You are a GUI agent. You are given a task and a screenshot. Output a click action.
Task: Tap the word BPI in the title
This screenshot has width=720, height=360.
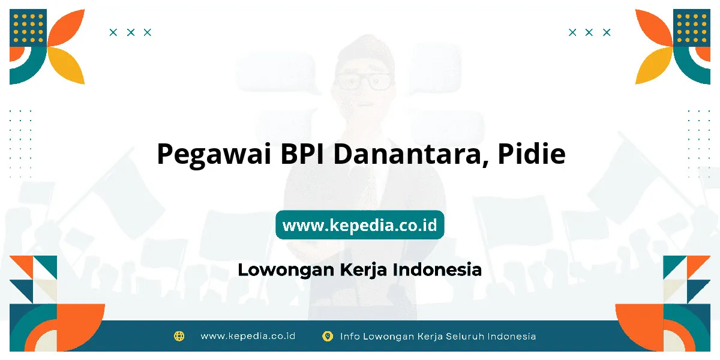302,154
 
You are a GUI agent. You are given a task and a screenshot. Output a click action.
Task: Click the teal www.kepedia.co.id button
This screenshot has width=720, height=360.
359,224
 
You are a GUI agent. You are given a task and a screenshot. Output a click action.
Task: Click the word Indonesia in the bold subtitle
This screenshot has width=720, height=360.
437,269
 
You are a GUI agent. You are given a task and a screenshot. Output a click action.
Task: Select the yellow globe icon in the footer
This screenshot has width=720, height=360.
179,336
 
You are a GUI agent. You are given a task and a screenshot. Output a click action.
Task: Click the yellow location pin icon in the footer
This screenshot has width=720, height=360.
328,336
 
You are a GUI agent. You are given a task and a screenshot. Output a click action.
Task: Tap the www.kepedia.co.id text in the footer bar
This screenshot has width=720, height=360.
248,336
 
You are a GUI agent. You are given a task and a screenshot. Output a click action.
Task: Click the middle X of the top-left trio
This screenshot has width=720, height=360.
131,32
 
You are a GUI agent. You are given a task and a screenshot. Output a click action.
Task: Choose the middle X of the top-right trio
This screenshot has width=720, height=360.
589,32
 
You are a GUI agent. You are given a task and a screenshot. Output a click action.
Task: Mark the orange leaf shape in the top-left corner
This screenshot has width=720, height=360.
66,28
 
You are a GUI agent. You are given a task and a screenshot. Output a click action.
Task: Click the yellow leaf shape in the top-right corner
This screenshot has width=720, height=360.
654,65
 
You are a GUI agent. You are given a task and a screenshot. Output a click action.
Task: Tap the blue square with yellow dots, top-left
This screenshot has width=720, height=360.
28,28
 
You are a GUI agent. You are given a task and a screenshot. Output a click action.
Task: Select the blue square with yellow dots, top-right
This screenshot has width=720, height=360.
692,28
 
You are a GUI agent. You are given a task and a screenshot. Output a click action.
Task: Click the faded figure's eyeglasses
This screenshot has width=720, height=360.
364,81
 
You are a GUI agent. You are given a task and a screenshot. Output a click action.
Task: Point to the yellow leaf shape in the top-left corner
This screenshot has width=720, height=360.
66,65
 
